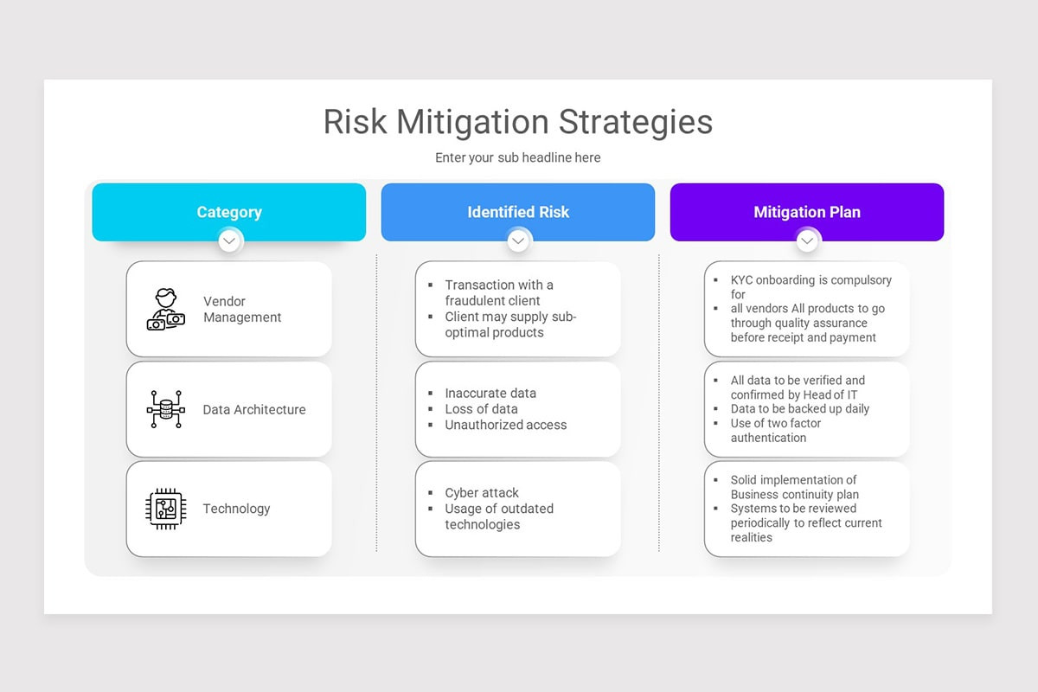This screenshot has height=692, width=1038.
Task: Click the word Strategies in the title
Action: (x=635, y=122)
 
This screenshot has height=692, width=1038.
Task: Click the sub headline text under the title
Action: (x=517, y=157)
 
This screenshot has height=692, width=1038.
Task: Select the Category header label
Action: (x=229, y=212)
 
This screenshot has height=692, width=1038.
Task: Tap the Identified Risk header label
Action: (x=518, y=212)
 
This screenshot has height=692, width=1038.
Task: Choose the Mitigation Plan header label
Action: (x=807, y=212)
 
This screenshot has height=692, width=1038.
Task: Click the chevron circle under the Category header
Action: (x=229, y=240)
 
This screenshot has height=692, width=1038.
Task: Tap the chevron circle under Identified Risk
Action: (x=518, y=240)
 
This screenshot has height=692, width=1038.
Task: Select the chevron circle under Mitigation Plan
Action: (x=807, y=240)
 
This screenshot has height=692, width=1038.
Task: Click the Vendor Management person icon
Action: (x=166, y=309)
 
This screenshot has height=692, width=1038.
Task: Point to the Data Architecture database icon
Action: (x=166, y=409)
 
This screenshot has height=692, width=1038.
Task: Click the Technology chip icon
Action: (x=166, y=509)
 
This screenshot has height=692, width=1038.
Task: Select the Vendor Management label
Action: (x=242, y=309)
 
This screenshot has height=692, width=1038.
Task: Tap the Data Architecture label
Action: (x=254, y=409)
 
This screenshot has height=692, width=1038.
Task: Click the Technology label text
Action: (x=236, y=509)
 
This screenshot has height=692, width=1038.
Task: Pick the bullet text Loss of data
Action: (x=481, y=409)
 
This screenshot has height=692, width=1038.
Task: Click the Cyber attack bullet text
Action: (x=482, y=492)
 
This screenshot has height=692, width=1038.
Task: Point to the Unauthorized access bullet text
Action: (x=505, y=425)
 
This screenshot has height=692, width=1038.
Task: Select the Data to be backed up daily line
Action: (x=800, y=408)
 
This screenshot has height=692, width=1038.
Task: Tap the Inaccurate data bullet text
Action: (x=490, y=393)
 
